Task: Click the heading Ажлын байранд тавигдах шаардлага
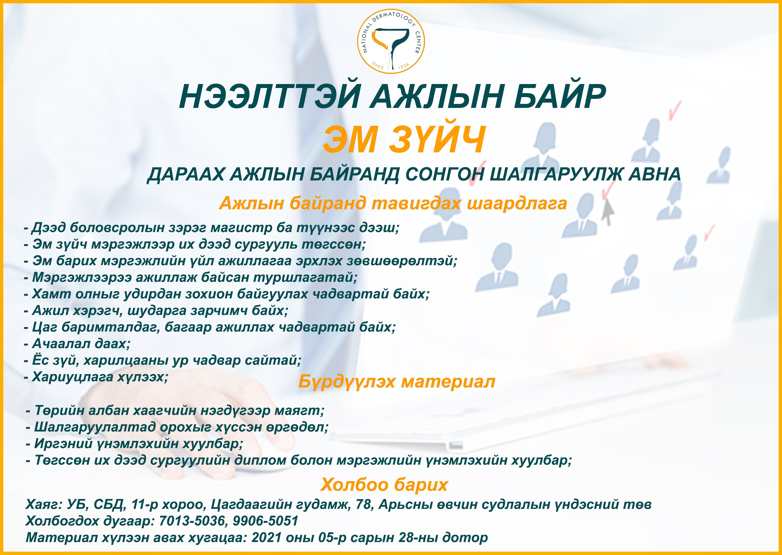click(x=393, y=203)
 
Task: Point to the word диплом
click(x=260, y=460)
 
